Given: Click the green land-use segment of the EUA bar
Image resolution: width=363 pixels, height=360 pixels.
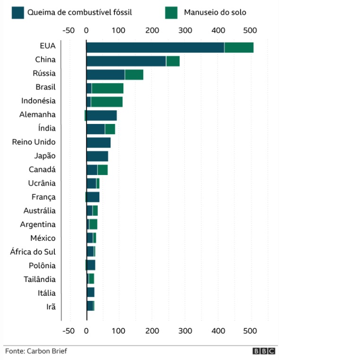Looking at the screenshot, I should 239,47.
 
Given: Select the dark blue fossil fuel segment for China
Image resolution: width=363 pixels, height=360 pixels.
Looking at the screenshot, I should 126,61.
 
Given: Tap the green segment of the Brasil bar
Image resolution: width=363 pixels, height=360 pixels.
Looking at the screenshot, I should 107,88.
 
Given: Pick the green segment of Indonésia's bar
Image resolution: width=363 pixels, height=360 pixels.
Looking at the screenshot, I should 106,102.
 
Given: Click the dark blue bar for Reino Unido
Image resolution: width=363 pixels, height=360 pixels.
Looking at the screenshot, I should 98,143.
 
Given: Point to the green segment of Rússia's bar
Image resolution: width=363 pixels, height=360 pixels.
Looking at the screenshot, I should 134,75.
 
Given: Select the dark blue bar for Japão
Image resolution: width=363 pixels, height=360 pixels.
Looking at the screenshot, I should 97,157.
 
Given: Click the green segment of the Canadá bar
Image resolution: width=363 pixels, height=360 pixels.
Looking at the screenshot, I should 103,170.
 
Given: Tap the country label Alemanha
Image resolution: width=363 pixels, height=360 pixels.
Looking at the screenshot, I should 37,114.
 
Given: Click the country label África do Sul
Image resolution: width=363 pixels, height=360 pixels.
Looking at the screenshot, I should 33,252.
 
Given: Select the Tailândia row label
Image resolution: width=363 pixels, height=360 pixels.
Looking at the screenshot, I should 39,279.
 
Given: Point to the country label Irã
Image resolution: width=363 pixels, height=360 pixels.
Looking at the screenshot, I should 51,307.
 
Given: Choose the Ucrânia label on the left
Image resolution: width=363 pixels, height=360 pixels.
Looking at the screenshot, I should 42,183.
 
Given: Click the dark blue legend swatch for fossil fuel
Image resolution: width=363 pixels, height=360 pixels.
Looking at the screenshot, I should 18,13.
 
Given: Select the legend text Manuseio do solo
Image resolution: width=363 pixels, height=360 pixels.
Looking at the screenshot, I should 215,13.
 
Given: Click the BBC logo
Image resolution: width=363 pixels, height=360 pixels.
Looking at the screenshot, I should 264,351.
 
